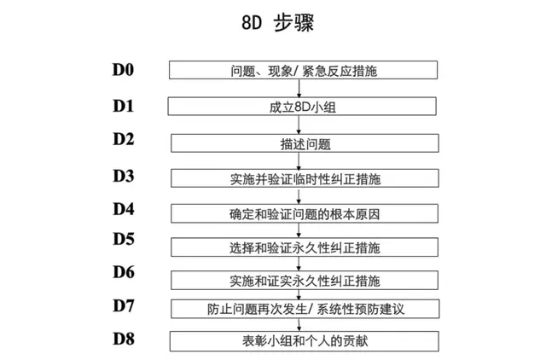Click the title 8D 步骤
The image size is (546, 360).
[x=272, y=23]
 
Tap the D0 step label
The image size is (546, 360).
[x=125, y=67]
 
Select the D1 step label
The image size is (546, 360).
[x=125, y=106]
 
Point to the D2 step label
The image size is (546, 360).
[x=125, y=138]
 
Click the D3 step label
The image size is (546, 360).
[x=125, y=176]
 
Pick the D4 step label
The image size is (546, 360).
[x=125, y=209]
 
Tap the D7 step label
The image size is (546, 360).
[x=125, y=305]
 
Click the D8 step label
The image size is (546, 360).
[x=125, y=338]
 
